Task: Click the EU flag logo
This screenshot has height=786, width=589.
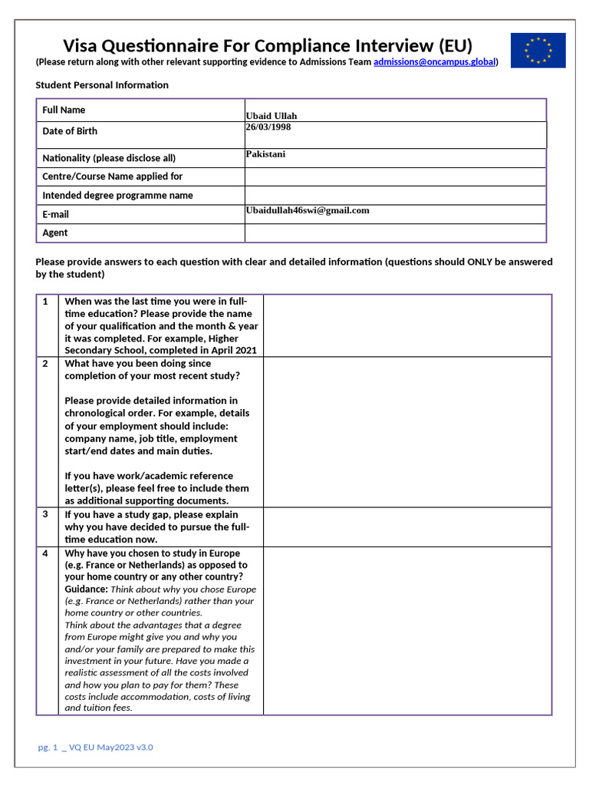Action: (538, 50)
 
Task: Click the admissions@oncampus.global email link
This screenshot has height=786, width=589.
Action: (434, 62)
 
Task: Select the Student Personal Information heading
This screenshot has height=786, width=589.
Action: (102, 85)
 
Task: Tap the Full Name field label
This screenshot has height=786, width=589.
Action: (64, 111)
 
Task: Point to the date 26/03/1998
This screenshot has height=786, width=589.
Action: (268, 127)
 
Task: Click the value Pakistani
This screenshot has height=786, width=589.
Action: (265, 154)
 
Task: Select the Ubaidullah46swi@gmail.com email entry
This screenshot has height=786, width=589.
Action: (307, 210)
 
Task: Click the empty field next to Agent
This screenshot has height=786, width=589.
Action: (395, 233)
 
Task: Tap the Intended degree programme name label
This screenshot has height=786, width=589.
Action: (117, 196)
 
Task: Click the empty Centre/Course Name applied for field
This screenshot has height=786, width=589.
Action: (395, 177)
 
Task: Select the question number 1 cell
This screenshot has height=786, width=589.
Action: (47, 302)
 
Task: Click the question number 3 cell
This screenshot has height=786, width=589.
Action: (47, 515)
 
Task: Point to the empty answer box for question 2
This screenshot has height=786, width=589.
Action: (406, 431)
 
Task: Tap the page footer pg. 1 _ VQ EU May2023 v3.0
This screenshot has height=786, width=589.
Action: (96, 747)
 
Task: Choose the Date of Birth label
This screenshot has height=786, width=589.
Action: (70, 131)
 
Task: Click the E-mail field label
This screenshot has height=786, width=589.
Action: (55, 215)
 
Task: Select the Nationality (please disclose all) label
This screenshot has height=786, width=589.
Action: (109, 158)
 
